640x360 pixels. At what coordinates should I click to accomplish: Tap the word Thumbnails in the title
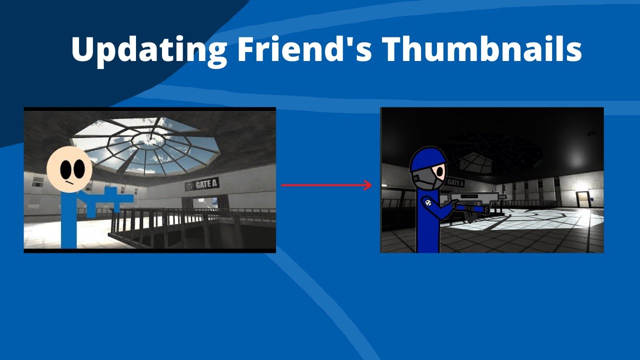[x=482, y=49]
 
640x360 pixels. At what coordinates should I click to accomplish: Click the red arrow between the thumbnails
[x=326, y=185]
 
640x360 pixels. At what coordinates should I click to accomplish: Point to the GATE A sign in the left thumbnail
[x=202, y=184]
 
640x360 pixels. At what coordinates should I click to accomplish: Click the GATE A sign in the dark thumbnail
[x=454, y=183]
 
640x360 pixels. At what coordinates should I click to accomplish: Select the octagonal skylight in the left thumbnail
[x=146, y=142]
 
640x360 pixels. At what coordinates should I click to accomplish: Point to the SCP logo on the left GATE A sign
[x=189, y=186]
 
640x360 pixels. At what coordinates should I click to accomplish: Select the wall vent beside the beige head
[x=38, y=184]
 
